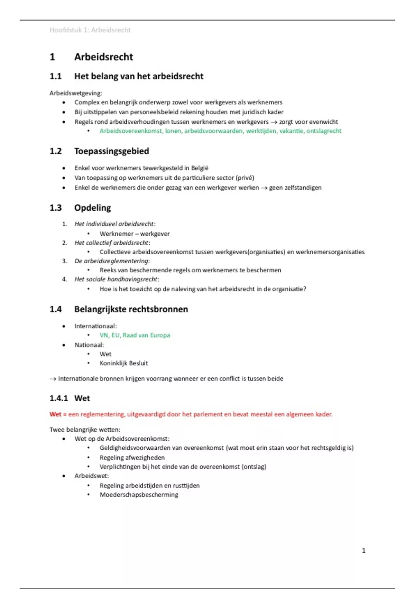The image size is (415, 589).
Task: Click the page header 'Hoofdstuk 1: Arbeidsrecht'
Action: pyautogui.click(x=90, y=30)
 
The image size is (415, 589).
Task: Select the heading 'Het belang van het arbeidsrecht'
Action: pyautogui.click(x=139, y=76)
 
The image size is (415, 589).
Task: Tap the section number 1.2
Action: pyautogui.click(x=56, y=151)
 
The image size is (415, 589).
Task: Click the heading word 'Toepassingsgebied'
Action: pyautogui.click(x=111, y=151)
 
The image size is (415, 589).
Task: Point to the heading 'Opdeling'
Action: pyautogui.click(x=92, y=208)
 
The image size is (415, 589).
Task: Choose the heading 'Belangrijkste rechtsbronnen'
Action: pyautogui.click(x=131, y=309)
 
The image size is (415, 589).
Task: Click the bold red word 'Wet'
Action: pyautogui.click(x=55, y=414)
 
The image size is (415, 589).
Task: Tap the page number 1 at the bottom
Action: pyautogui.click(x=363, y=550)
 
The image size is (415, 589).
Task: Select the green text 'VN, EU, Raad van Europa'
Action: pyautogui.click(x=135, y=335)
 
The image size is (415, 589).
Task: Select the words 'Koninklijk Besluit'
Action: pyautogui.click(x=123, y=363)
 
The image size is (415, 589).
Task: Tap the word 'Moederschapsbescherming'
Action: pyautogui.click(x=139, y=495)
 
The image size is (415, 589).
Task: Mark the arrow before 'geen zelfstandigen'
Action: pyautogui.click(x=264, y=188)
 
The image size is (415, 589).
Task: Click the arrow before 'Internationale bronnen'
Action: pyautogui.click(x=53, y=379)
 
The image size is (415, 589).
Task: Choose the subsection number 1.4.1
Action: pyautogui.click(x=59, y=398)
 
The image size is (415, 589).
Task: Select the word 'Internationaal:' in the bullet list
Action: pyautogui.click(x=95, y=326)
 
